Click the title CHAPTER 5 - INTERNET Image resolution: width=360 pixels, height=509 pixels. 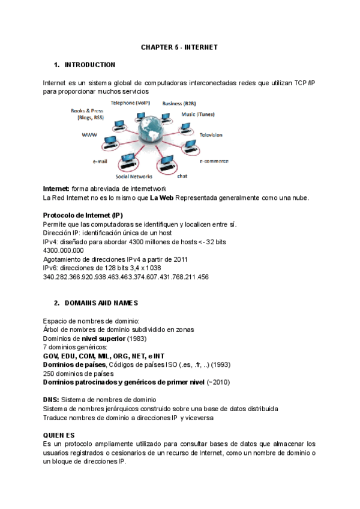[179, 46]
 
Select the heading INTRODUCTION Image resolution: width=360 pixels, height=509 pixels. [90, 65]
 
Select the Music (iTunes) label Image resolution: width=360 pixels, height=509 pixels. [198, 114]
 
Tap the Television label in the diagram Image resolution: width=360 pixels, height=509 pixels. [211, 135]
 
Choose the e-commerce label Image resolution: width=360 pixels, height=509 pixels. [214, 161]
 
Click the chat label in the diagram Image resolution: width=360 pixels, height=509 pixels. [182, 176]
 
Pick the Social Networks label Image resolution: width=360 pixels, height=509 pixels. [134, 176]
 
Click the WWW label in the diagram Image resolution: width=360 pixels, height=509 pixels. [89, 135]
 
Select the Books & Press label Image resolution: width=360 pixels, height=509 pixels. [87, 111]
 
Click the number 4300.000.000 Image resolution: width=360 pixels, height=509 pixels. [64, 250]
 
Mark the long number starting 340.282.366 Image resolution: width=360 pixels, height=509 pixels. [126, 277]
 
